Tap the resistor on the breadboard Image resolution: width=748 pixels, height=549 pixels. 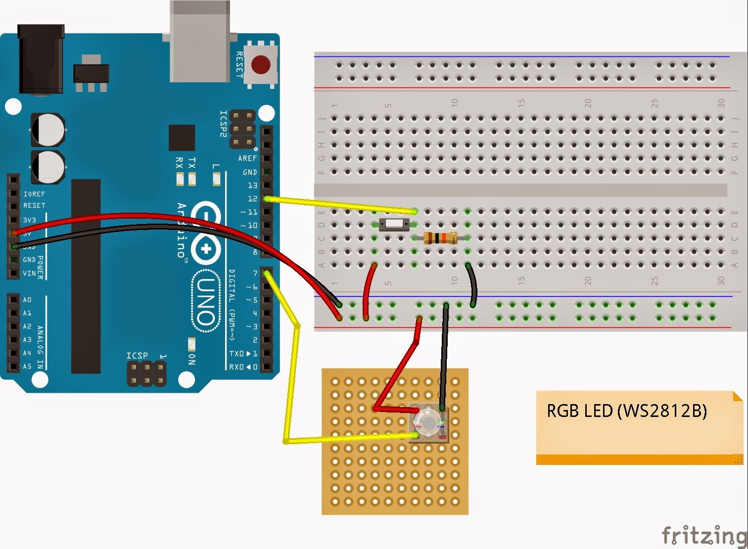click(x=440, y=238)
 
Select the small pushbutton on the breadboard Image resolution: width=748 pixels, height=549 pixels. click(x=394, y=224)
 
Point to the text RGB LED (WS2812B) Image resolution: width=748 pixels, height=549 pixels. click(x=626, y=411)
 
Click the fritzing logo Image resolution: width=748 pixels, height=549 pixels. click(x=704, y=535)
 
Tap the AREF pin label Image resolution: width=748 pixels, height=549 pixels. click(x=247, y=158)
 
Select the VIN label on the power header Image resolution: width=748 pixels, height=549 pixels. click(x=29, y=273)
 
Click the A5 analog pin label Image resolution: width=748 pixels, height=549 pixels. click(x=27, y=366)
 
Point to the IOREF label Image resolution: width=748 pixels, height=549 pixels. click(x=34, y=194)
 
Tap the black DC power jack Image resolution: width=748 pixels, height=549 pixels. click(x=41, y=59)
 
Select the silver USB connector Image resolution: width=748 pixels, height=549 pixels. click(x=200, y=41)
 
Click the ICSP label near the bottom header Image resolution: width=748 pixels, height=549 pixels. click(x=137, y=356)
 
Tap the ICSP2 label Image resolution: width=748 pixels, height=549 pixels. click(x=224, y=124)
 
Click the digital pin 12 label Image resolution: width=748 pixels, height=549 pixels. click(x=252, y=199)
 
